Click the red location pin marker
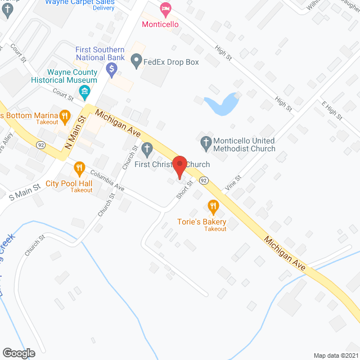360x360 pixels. tap(179, 167)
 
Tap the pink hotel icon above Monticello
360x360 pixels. tap(165, 8)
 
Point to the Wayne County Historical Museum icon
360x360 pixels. tap(85, 91)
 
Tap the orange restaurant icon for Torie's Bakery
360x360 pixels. tap(213, 206)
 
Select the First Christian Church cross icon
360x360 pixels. tap(147, 149)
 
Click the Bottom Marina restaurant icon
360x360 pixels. tap(65, 117)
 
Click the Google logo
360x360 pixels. tap(18, 353)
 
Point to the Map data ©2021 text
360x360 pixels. tap(335, 355)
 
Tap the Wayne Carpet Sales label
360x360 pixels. tap(80, 3)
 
